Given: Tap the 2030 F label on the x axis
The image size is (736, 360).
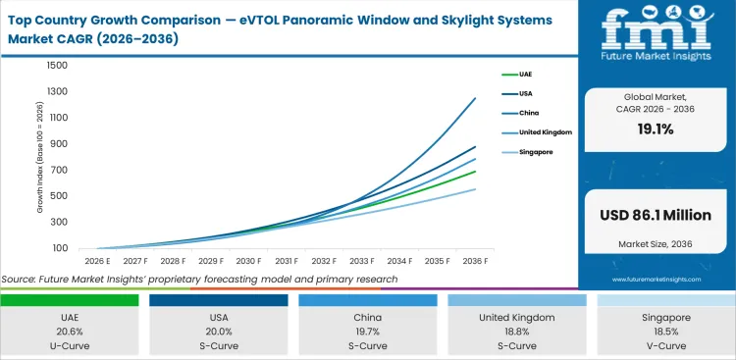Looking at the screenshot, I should click(x=248, y=262).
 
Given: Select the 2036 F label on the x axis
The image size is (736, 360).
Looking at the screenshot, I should click(x=475, y=262).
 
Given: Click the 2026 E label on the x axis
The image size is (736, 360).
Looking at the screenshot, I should click(x=98, y=262).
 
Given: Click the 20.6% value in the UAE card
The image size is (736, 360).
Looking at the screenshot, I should click(x=69, y=333).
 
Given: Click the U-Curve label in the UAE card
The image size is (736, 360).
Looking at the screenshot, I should click(x=69, y=346).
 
